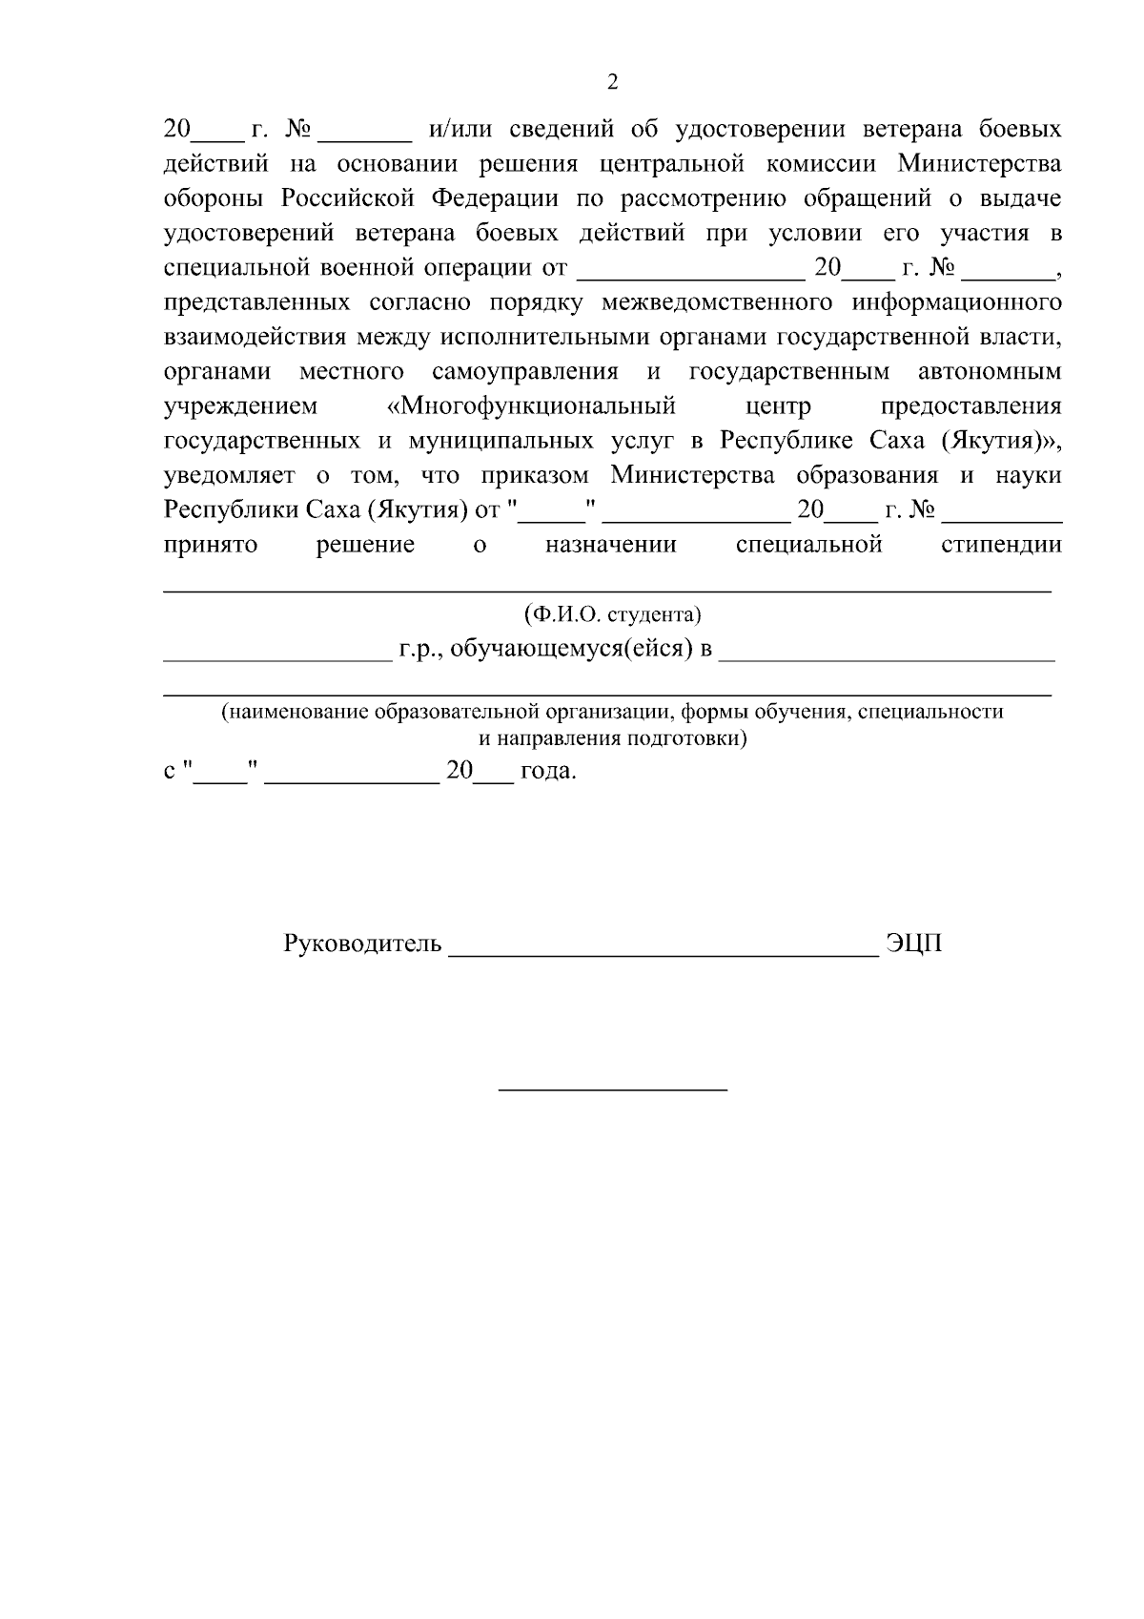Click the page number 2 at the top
(612, 82)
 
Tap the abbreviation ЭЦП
(913, 944)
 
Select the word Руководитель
(362, 944)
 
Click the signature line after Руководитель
(663, 952)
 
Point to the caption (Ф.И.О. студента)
(612, 613)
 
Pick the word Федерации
(496, 198)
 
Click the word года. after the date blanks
(549, 770)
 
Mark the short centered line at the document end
(613, 1089)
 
